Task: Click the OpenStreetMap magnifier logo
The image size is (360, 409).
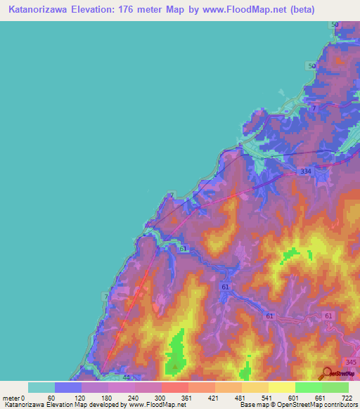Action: coord(327,374)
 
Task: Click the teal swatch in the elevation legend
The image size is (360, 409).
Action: coord(41,387)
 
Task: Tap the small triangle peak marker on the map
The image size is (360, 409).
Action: coord(175,365)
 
